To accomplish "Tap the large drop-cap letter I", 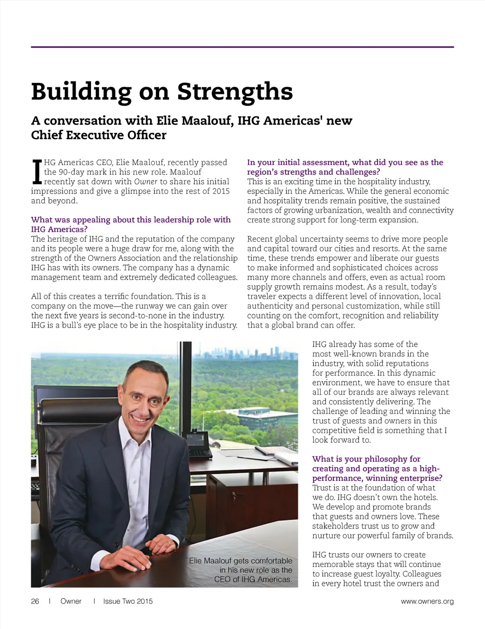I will (x=36, y=172).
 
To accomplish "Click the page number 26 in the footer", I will (x=35, y=601).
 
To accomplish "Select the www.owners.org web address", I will (x=427, y=601).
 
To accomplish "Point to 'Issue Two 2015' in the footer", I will (x=128, y=601).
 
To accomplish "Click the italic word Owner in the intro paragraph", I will (x=145, y=182).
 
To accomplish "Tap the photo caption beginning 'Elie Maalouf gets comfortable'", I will (x=242, y=570).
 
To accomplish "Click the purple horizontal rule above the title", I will (x=242, y=47).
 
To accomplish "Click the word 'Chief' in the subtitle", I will (x=47, y=135).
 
